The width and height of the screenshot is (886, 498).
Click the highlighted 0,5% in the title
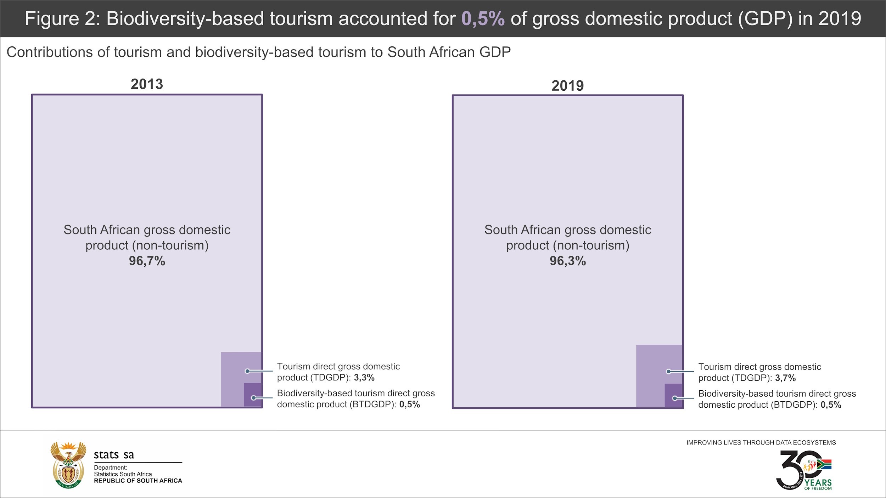coord(483,18)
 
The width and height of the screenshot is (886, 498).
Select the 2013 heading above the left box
coord(147,84)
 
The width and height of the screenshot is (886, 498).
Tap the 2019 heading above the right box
coord(567,86)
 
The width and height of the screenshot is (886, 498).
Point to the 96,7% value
coord(147,261)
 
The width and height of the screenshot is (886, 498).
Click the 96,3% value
coord(567,261)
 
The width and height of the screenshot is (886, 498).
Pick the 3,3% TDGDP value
coord(364,378)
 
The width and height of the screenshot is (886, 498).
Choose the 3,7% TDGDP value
coord(785,378)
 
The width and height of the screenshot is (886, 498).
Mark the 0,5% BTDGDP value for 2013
coord(409,404)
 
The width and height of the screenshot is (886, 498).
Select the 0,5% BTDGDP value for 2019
coord(831,405)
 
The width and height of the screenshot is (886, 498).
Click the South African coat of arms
coord(68,465)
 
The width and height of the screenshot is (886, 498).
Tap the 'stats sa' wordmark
coord(114,455)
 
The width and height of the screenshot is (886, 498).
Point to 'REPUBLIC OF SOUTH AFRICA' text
coord(138,481)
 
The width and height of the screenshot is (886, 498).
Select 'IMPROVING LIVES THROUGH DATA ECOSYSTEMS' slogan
coord(761,443)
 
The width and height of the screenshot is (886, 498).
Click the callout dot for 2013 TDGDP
coord(247,371)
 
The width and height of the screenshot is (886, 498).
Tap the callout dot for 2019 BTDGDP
coord(675,398)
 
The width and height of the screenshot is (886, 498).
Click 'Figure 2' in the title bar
coord(62,18)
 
